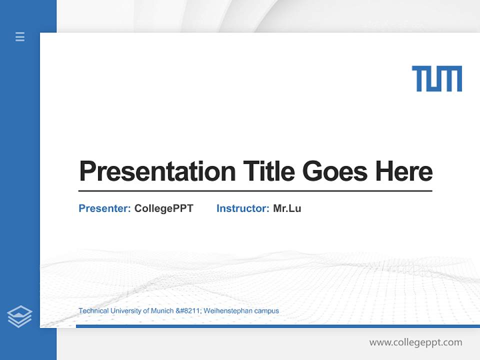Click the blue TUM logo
click(x=436, y=79)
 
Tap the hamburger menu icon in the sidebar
click(x=20, y=36)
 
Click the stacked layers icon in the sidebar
click(x=19, y=316)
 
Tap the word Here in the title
click(x=404, y=171)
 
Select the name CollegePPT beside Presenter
click(x=164, y=208)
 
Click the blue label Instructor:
click(x=243, y=208)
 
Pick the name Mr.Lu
click(x=287, y=208)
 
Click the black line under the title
click(x=255, y=191)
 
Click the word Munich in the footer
click(x=163, y=311)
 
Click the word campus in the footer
click(x=266, y=311)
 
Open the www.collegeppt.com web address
click(x=415, y=342)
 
